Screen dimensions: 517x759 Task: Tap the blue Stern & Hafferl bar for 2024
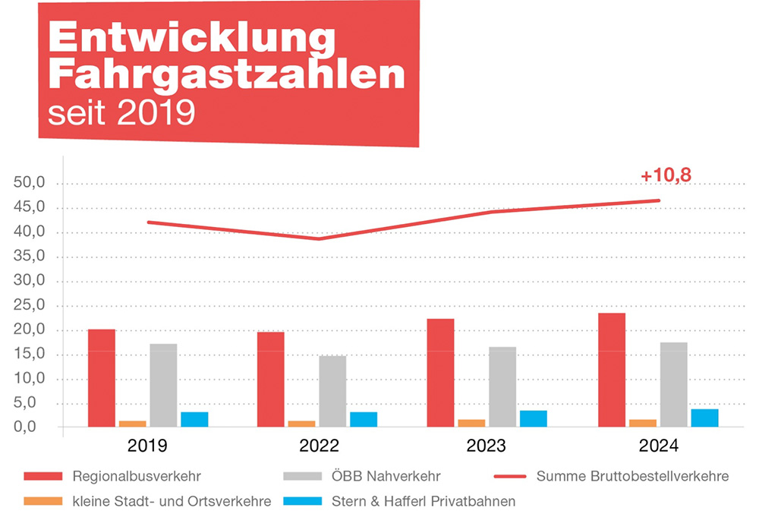[704, 418]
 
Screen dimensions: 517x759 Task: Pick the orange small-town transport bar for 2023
[471, 423]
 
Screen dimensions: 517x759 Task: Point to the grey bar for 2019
[163, 386]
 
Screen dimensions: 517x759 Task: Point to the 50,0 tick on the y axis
[31, 184]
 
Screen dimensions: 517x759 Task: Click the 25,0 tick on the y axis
[31, 306]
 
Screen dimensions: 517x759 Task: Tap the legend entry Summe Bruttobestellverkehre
[632, 477]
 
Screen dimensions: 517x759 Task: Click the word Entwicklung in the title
[191, 39]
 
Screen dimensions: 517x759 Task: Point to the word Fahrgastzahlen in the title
[225, 75]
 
